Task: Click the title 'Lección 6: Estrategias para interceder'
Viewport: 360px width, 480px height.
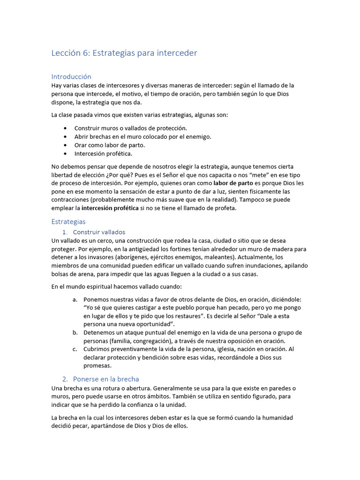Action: (x=124, y=53)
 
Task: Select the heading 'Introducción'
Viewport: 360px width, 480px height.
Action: (x=71, y=76)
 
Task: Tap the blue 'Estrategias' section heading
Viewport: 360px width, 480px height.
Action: (x=68, y=221)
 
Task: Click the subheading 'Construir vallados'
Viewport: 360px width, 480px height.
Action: (x=99, y=232)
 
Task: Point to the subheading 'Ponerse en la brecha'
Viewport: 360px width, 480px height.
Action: (x=106, y=379)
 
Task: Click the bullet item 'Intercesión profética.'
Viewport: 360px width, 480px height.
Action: (x=103, y=153)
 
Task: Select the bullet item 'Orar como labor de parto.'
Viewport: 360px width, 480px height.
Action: (x=110, y=145)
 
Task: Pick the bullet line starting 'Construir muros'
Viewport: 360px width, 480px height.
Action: (x=130, y=128)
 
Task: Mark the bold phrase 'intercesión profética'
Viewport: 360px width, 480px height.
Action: (x=110, y=208)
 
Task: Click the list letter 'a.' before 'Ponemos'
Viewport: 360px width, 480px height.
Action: (x=75, y=299)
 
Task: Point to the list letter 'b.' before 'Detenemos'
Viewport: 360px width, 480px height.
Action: (x=75, y=332)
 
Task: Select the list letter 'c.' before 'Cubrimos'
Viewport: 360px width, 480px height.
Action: (x=75, y=349)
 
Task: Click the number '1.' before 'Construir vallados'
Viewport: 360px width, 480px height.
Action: (x=65, y=232)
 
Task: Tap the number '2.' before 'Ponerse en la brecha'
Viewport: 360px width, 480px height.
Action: (x=65, y=379)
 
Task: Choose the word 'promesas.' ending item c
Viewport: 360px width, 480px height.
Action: (x=97, y=366)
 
